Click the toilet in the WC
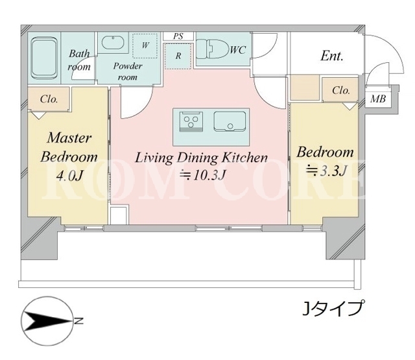pyautogui.click(x=213, y=49)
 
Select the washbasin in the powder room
pyautogui.click(x=113, y=43)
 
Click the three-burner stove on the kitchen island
pyautogui.click(x=192, y=121)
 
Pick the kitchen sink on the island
pyautogui.click(x=230, y=121)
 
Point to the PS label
pyautogui.click(x=178, y=36)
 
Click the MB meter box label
pyautogui.click(x=378, y=99)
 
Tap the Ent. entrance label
pyautogui.click(x=332, y=56)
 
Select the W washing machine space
pyautogui.click(x=145, y=45)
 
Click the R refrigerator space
pyautogui.click(x=178, y=56)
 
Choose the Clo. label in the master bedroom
pyautogui.click(x=49, y=99)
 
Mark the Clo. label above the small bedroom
pyautogui.click(x=341, y=91)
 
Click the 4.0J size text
pyautogui.click(x=69, y=175)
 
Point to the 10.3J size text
pyautogui.click(x=203, y=174)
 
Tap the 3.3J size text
pyautogui.click(x=326, y=171)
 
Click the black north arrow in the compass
pyautogui.click(x=48, y=321)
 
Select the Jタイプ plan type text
pyautogui.click(x=332, y=308)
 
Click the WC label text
pyautogui.click(x=238, y=50)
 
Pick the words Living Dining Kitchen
pyautogui.click(x=202, y=158)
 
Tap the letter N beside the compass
pyautogui.click(x=78, y=321)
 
